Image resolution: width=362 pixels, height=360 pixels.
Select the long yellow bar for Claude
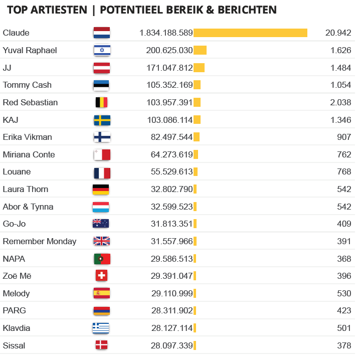(x=250, y=33)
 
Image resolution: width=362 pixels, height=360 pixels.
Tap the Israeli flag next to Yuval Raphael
(x=102, y=50)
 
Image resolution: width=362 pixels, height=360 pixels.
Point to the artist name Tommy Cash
(x=27, y=85)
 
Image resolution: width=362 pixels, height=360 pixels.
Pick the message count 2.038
(x=341, y=102)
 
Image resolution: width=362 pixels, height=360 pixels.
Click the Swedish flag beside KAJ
(x=102, y=120)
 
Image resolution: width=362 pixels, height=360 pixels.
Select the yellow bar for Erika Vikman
(x=196, y=137)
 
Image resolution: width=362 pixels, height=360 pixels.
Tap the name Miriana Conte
(x=29, y=154)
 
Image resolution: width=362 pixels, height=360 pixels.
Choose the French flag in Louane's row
(x=102, y=172)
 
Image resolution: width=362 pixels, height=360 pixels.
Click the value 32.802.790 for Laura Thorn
(x=171, y=189)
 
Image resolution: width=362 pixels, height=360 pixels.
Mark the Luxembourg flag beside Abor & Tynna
(x=101, y=207)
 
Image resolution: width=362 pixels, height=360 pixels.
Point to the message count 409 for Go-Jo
(x=344, y=224)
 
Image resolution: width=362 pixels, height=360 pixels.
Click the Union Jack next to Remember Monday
(x=101, y=241)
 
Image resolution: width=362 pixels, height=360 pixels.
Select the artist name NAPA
(x=14, y=259)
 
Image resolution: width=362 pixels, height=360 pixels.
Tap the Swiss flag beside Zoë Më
(x=101, y=276)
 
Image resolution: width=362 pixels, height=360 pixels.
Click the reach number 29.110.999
(x=171, y=293)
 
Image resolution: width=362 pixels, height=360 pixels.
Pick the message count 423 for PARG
(x=344, y=311)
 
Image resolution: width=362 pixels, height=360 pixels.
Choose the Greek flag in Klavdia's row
(x=101, y=328)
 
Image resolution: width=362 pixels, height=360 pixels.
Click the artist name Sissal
(x=14, y=345)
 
